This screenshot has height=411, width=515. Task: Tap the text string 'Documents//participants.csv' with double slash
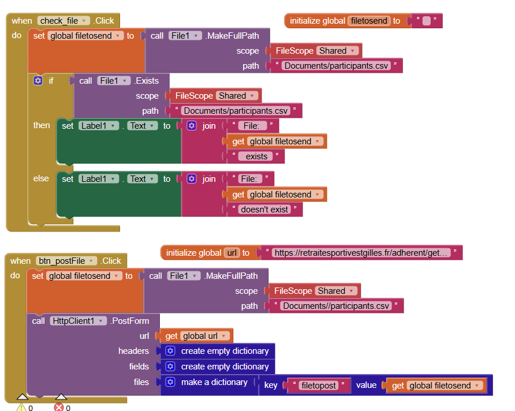coord(336,306)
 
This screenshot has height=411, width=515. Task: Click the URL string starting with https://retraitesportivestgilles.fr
coord(361,253)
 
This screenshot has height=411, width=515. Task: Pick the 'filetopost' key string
coord(319,386)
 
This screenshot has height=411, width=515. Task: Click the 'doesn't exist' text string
coord(264,210)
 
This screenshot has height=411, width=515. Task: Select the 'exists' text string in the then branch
coord(256,156)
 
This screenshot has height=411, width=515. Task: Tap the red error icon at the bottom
coord(59,408)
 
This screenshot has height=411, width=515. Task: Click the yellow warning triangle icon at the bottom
coord(21,408)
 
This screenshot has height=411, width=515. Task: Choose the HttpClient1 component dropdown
coord(78,321)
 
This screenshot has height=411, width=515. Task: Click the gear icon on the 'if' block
coord(38,80)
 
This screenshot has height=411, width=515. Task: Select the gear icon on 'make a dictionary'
coord(170,382)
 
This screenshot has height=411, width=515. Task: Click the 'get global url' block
coord(196,336)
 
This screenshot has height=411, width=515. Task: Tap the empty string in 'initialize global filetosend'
coord(426,21)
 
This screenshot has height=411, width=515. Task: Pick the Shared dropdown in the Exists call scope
coord(237,96)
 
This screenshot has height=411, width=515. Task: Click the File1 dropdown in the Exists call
coord(114,81)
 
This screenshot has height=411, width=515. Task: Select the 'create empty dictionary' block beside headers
coord(218,351)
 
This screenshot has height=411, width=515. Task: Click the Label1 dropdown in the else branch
coord(98,179)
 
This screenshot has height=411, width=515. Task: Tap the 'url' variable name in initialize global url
coord(232,253)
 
